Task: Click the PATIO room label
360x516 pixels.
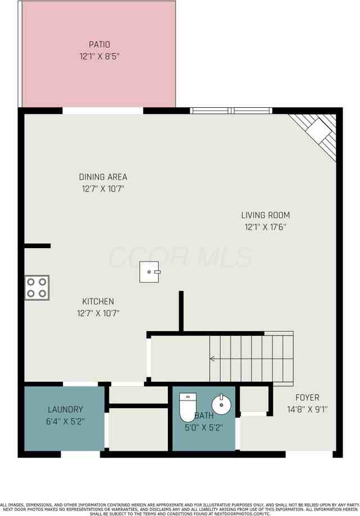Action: click(99, 44)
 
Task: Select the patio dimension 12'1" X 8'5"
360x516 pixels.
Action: click(99, 56)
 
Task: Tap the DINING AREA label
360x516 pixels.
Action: click(103, 177)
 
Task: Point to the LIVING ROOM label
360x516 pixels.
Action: click(266, 215)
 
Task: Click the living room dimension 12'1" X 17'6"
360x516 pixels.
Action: click(266, 227)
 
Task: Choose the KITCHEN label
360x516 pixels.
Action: click(98, 302)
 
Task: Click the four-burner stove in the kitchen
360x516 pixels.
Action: click(37, 287)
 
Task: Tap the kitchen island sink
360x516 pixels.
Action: click(149, 272)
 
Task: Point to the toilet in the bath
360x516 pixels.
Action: click(188, 407)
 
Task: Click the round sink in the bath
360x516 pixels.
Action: click(221, 404)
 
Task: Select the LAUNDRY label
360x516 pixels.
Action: click(66, 410)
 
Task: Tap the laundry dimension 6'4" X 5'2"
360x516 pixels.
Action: click(66, 422)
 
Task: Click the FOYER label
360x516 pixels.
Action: click(307, 398)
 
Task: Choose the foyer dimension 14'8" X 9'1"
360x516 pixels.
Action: click(307, 409)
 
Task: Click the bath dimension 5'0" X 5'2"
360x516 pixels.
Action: click(204, 427)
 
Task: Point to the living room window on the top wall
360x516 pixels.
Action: click(231, 111)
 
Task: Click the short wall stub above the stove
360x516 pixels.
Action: click(38, 246)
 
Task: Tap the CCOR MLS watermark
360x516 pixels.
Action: click(180, 257)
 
